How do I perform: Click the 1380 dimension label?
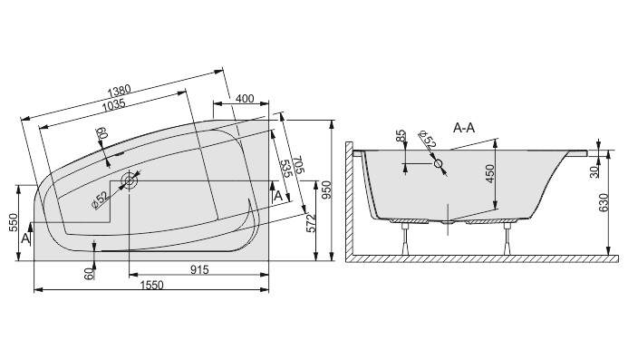click(120, 91)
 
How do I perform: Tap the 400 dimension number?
click(245, 99)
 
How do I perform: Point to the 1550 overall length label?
click(152, 285)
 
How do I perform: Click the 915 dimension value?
click(199, 270)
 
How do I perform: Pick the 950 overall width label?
click(326, 190)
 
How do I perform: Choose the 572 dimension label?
click(311, 224)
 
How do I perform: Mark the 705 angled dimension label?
click(299, 165)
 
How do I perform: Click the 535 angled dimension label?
click(285, 170)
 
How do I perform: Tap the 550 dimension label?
click(14, 223)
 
